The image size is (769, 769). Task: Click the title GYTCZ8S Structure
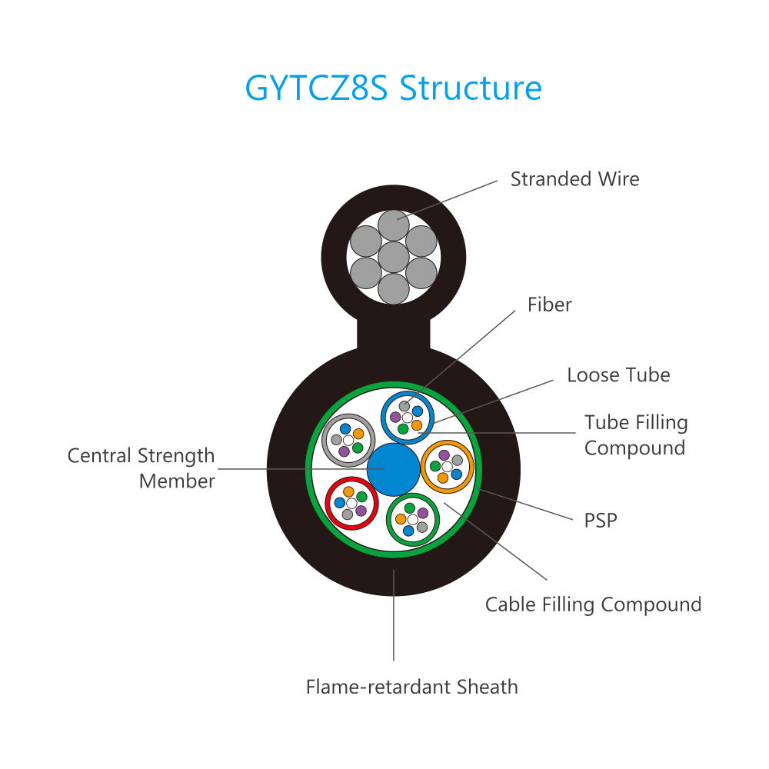393,88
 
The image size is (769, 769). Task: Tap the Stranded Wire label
574,179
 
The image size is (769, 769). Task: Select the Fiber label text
549,305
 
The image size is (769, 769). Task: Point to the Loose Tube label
618,375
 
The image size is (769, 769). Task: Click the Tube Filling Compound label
635,435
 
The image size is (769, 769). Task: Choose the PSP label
601,521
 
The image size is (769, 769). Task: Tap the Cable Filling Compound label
593,604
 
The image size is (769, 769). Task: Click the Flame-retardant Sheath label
411,687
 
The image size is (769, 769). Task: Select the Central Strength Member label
141,468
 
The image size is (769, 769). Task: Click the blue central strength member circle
393,468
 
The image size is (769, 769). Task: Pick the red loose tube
351,502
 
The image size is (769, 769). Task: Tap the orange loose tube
447,467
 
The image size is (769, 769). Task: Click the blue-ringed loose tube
408,417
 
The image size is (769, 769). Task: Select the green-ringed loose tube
412,519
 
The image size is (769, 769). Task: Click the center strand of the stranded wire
394,257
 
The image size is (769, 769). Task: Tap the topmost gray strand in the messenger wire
394,225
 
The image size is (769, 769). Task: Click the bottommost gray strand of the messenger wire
394,288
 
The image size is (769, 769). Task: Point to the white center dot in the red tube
351,502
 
